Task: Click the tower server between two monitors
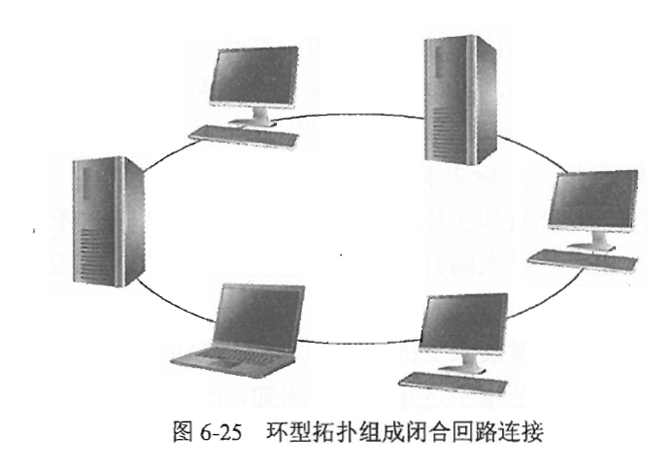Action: coord(460,97)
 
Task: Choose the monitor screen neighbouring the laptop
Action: coord(465,324)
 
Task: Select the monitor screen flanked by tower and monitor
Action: coord(591,202)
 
